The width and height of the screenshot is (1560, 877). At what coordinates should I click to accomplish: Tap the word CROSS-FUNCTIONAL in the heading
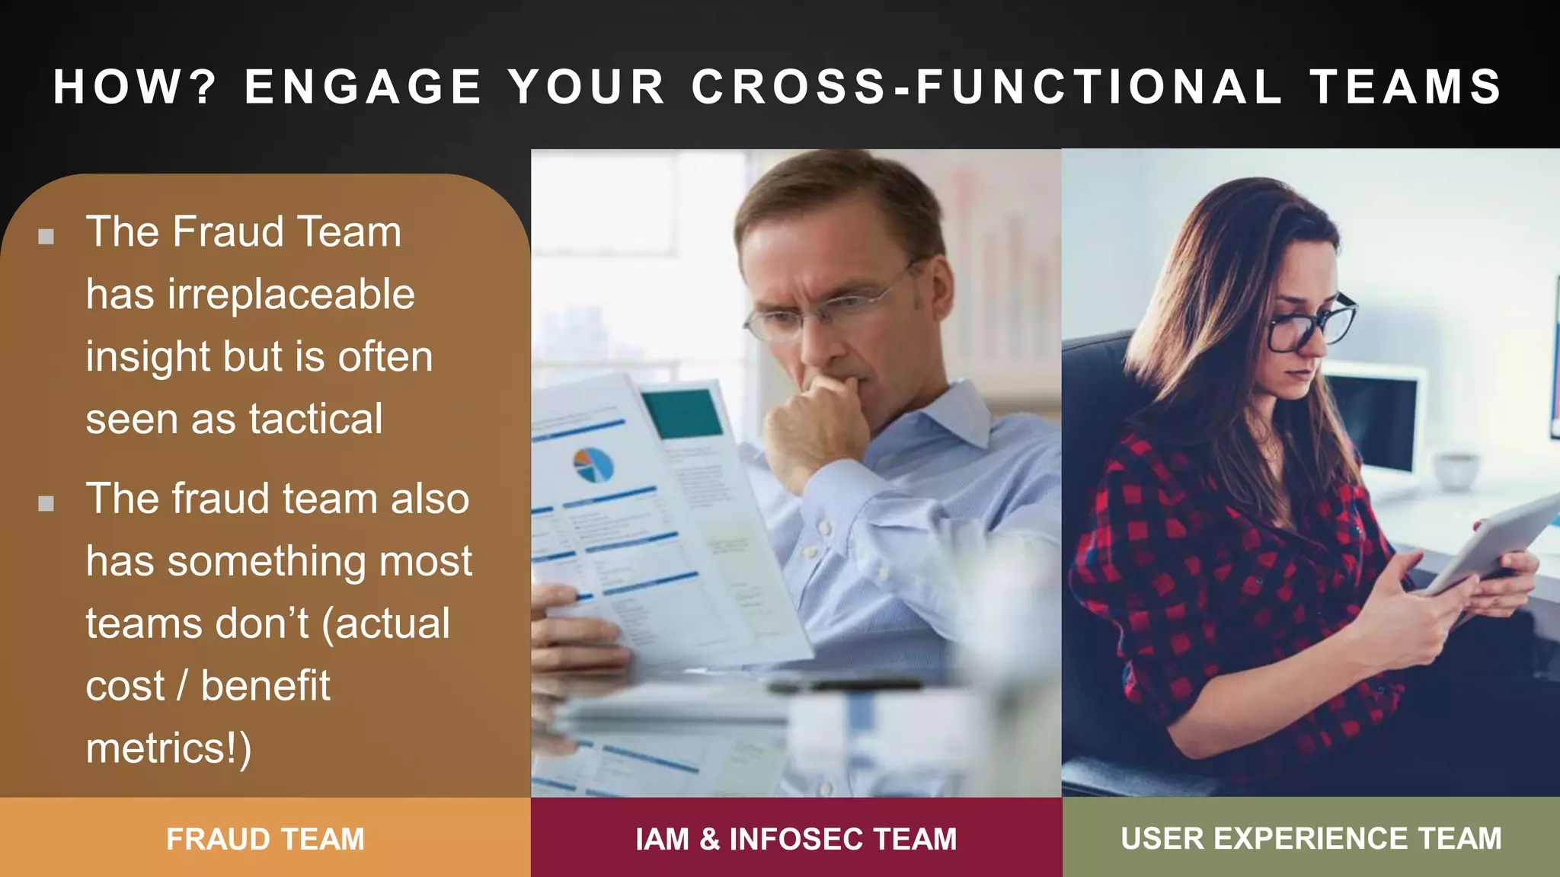[987, 86]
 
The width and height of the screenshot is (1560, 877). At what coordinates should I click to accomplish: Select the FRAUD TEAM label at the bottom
[265, 839]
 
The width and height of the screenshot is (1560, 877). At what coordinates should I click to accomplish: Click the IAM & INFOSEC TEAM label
[796, 839]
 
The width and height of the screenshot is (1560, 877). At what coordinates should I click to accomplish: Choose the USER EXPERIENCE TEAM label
[1311, 838]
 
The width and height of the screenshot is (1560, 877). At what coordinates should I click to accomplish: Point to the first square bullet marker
[46, 236]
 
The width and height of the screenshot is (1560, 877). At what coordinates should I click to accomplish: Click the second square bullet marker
[46, 503]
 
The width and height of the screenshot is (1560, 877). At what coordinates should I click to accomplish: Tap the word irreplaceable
[291, 294]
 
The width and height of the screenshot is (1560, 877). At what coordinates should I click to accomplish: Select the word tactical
[315, 419]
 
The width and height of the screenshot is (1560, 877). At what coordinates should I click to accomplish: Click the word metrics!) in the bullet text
[168, 748]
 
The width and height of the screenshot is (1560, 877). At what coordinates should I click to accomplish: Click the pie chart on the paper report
[593, 464]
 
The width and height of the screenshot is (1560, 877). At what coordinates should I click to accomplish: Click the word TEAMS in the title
[1406, 86]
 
